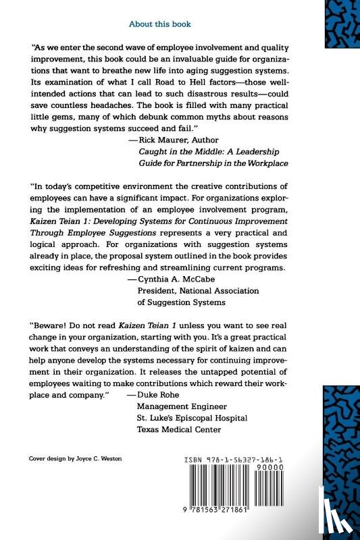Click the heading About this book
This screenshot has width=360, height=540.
pos(159,24)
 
